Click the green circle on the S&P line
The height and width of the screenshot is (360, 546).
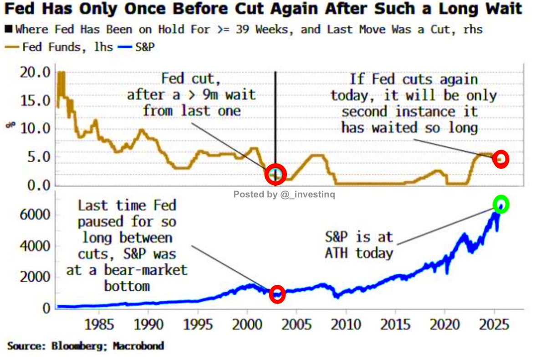point(501,205)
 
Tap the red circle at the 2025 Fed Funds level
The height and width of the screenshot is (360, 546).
point(501,159)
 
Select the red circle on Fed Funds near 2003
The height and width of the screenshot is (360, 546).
point(275,174)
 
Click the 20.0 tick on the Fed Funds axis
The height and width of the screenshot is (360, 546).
point(36,72)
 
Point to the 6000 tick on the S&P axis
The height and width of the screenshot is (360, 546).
point(34,215)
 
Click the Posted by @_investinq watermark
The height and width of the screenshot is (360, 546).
point(285,195)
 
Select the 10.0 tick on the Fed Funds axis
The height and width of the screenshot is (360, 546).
point(36,128)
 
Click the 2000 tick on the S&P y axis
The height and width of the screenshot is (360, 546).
point(34,277)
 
